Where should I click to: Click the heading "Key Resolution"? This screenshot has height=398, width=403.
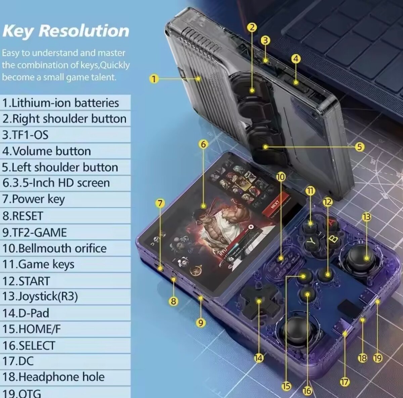coord(66,31)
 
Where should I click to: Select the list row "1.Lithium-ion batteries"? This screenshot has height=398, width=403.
coord(61,103)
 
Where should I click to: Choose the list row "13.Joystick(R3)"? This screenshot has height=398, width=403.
coord(40,297)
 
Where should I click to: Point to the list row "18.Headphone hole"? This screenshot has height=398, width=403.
coord(54,377)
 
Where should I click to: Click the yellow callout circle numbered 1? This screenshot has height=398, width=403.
coord(153,79)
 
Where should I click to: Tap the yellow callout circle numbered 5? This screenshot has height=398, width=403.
coord(359,147)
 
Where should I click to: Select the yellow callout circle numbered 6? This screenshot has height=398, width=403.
coord(203,144)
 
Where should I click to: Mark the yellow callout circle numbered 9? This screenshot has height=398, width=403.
coord(200,323)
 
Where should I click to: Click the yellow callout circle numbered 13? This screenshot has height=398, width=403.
coord(366,217)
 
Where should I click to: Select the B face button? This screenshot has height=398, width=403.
coord(333,239)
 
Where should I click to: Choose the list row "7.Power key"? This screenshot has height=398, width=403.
coord(34,199)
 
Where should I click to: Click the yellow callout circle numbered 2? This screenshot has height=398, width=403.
coord(252,28)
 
